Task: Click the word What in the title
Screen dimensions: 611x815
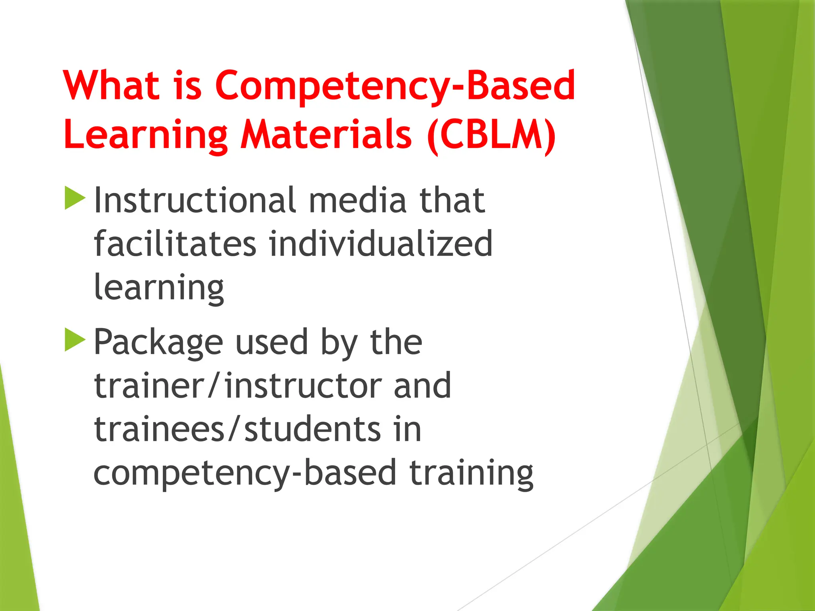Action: (111, 85)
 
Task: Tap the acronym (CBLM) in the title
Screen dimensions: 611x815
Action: (491, 135)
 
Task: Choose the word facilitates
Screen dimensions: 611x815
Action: (175, 243)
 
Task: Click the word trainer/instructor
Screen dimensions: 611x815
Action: (237, 385)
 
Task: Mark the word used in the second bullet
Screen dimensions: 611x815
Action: (272, 342)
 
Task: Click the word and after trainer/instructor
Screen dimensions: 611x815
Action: (422, 385)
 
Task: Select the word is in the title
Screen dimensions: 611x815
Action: (187, 85)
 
